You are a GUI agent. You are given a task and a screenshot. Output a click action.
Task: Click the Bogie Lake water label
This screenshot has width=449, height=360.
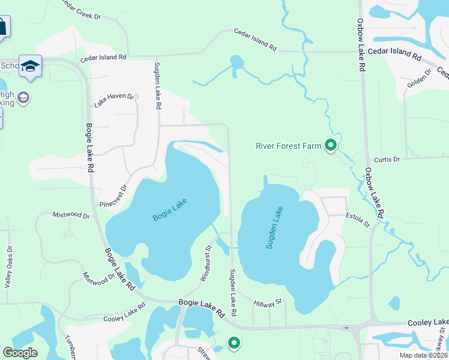click(170, 209)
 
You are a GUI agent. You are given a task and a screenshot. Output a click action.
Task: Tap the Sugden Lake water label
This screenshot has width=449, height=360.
click(274, 227)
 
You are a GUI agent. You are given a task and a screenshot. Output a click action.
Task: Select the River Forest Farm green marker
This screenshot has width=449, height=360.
click(330, 145)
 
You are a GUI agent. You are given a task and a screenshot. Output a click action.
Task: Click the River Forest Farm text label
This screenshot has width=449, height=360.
click(288, 145)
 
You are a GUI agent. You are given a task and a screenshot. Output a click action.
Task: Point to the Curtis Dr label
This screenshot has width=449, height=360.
click(387, 160)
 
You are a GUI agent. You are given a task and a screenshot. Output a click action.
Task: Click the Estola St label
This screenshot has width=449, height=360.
click(358, 220)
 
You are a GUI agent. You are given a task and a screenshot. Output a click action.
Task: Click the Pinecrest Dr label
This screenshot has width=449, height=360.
click(114, 196)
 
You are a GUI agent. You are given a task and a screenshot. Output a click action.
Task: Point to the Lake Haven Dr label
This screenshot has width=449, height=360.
click(113, 100)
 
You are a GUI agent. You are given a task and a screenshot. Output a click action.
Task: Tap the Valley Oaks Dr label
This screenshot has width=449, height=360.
click(8, 267)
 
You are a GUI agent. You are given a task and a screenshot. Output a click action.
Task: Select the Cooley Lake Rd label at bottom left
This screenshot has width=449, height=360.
click(124, 313)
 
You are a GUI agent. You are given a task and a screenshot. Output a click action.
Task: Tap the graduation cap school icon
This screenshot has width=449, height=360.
click(30, 66)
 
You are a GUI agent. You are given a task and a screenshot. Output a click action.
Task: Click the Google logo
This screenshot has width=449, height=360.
click(20, 353)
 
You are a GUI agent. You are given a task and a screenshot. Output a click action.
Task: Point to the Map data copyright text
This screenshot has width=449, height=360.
click(423, 355)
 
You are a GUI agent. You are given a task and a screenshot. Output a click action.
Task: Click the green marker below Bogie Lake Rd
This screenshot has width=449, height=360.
click(234, 343)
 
